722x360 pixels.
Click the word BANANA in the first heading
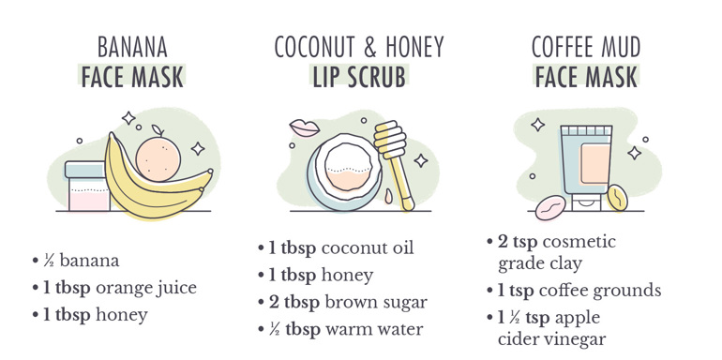[x=132, y=48]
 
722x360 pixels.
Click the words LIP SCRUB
[x=359, y=77]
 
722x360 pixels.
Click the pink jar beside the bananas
[x=86, y=186]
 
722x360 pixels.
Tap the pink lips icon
[x=305, y=127]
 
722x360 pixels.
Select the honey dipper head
[x=390, y=137]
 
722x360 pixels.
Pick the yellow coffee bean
[x=617, y=198]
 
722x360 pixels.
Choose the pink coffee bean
[x=550, y=207]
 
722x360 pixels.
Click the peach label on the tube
[x=594, y=164]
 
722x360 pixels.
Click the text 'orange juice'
[x=146, y=288]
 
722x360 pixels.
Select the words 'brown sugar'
[x=376, y=303]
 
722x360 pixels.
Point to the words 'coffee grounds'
[x=599, y=291]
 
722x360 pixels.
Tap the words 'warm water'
[x=374, y=330]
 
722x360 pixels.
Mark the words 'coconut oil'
[x=368, y=247]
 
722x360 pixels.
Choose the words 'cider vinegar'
[x=551, y=339]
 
